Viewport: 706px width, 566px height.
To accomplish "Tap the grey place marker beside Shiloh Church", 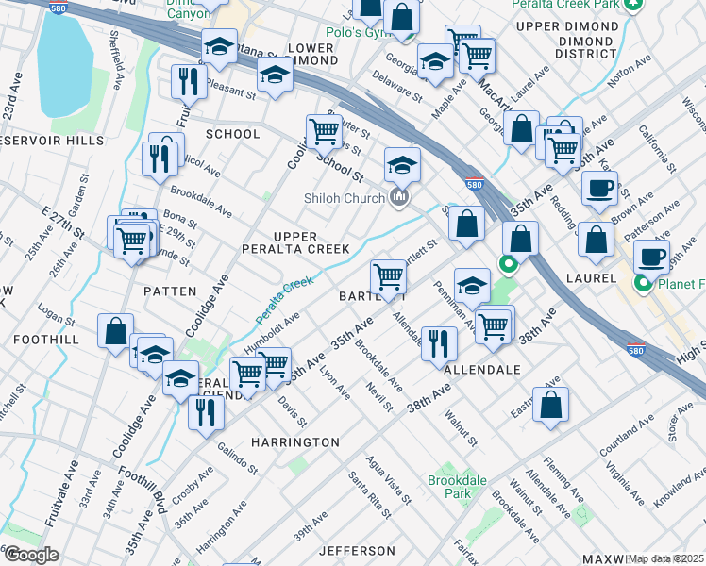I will (398, 197).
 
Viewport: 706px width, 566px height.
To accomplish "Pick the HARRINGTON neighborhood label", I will (295, 441).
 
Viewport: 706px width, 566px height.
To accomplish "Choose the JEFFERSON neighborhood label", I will (356, 550).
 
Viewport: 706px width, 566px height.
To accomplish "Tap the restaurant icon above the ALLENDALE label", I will (437, 342).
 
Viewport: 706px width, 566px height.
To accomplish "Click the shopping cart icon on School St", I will (324, 131).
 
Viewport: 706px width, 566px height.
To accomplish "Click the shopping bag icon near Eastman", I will (550, 404).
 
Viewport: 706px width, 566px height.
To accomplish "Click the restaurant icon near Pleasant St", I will (190, 81).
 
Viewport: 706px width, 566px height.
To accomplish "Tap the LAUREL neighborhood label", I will (592, 278).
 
